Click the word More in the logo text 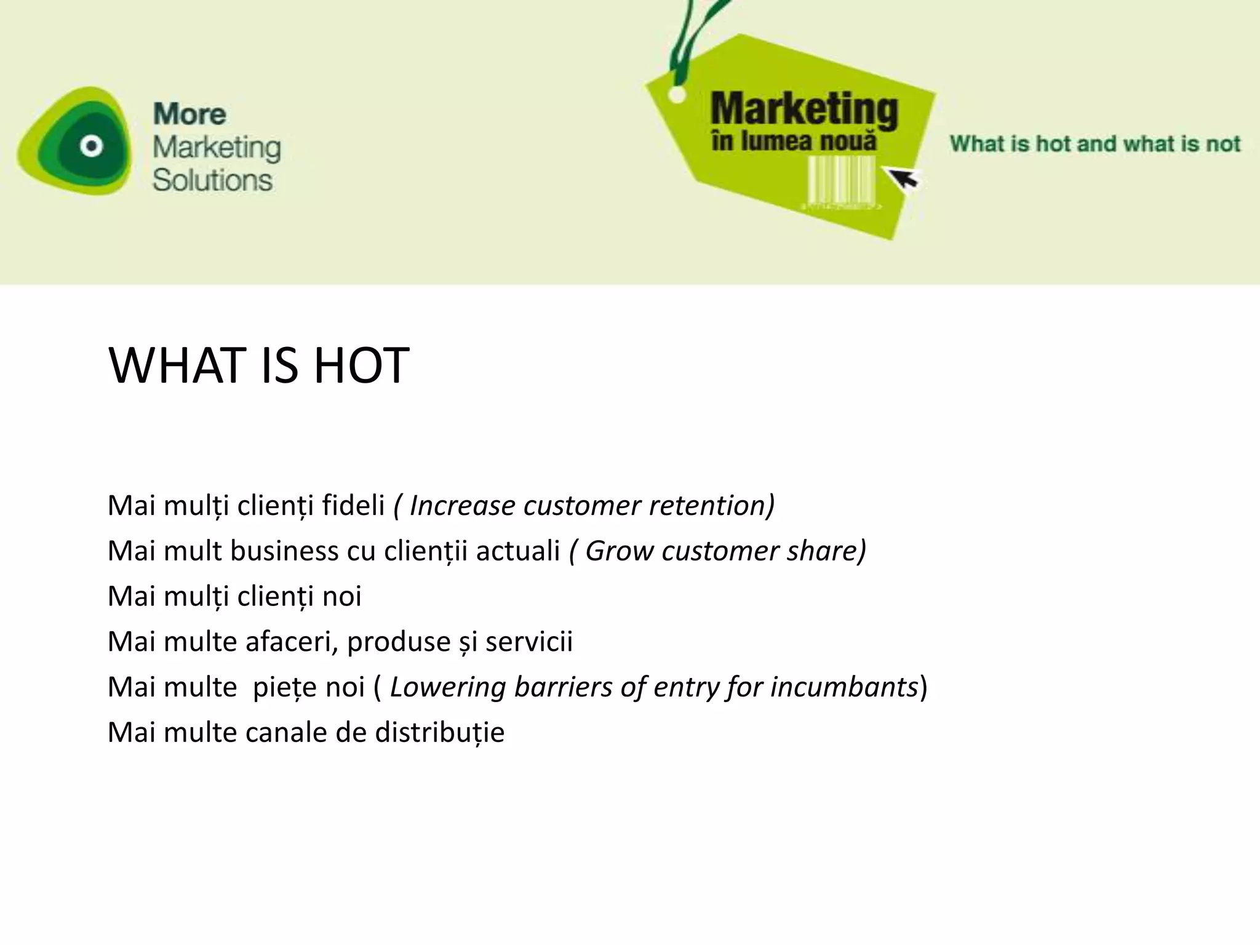point(189,114)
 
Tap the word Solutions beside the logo point(212,180)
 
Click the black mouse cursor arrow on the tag point(902,179)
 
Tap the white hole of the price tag point(677,95)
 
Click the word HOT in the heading point(361,366)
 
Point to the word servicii point(528,642)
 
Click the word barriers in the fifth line point(563,687)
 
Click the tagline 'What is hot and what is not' point(1095,144)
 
